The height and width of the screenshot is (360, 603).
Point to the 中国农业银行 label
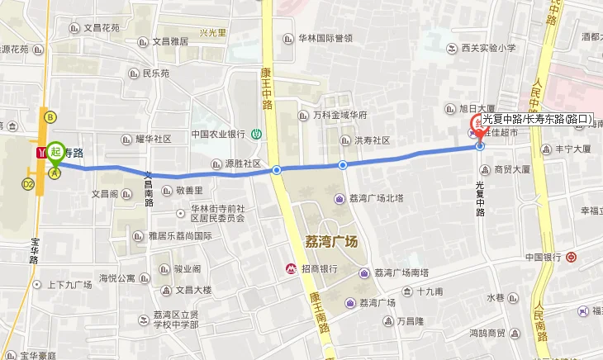tap(218, 134)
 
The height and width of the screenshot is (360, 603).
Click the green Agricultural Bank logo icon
tap(258, 134)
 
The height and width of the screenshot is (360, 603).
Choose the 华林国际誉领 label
tap(325, 38)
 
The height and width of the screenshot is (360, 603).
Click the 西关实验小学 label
tap(487, 48)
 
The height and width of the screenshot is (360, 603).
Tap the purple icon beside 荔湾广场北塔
tap(339, 198)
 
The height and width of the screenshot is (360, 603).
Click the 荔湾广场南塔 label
tap(401, 272)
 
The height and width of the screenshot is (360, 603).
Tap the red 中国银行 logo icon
tap(572, 257)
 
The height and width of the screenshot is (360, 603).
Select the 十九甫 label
tap(430, 291)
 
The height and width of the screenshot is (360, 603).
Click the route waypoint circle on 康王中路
tap(278, 171)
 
